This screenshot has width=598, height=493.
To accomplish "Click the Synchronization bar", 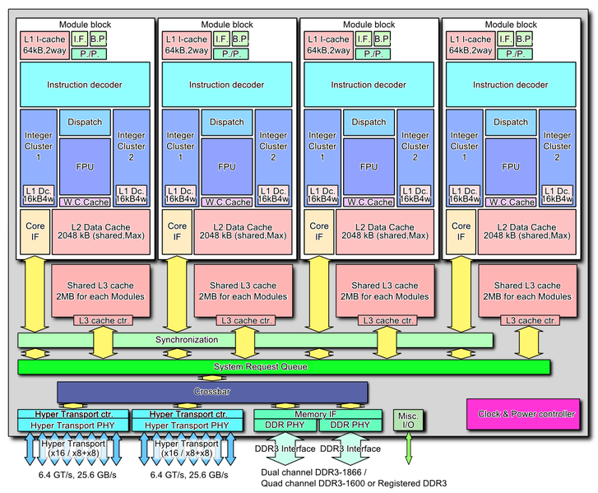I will [x=255, y=340].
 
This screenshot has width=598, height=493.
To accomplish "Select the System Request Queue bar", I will [x=284, y=366].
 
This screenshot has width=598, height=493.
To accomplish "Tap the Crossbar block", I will [x=212, y=393].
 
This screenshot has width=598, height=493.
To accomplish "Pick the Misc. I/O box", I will [x=408, y=420].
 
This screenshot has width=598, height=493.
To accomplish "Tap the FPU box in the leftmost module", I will [x=85, y=166].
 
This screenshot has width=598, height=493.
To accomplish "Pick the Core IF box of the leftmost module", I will [x=34, y=231].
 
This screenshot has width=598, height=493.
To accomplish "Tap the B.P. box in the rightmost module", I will [x=524, y=39].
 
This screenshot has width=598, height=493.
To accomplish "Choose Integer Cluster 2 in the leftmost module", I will [x=132, y=147].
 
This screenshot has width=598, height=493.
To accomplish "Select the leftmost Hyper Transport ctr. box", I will [x=73, y=414].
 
